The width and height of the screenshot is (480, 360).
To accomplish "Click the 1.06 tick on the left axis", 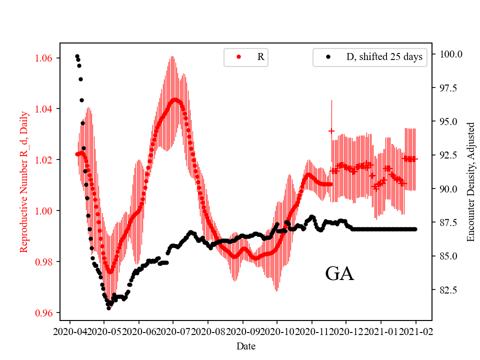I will click(44, 58).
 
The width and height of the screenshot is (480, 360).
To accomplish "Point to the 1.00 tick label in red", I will click(44, 210).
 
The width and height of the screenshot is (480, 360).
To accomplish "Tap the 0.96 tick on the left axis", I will click(44, 313).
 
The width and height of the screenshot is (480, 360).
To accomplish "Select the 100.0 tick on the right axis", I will click(450, 54).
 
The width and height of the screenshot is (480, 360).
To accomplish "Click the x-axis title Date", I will click(246, 345).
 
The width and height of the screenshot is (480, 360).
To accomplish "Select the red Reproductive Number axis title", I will click(23, 181).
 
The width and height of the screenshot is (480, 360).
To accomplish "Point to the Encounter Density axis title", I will click(470, 181).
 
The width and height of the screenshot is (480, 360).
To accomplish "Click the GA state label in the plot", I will click(339, 274).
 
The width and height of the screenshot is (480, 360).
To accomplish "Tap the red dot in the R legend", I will click(238, 57).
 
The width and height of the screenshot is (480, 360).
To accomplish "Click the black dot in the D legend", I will click(328, 57).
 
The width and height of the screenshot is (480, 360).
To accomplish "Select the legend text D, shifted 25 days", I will click(384, 57).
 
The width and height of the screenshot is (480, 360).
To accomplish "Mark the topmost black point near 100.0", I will click(77, 56).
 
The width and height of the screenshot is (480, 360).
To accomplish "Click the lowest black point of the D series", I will click(108, 308).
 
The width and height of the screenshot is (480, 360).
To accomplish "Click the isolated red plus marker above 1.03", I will click(331, 131).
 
